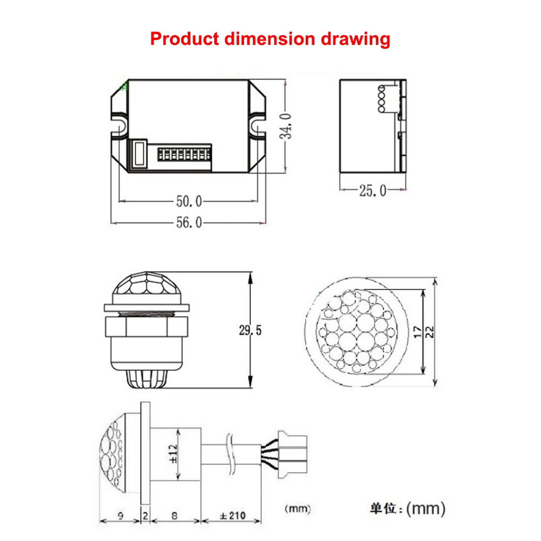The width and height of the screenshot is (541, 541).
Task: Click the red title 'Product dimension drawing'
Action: pyautogui.click(x=270, y=39)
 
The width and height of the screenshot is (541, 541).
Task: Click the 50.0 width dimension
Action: pyautogui.click(x=188, y=201)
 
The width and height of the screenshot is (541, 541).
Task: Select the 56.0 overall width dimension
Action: pyautogui.click(x=188, y=222)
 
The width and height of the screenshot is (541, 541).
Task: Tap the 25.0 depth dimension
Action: pyautogui.click(x=372, y=190)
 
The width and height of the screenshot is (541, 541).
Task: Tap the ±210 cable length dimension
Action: pyautogui.click(x=231, y=516)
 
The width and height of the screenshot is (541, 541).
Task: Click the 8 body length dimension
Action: pyautogui.click(x=174, y=516)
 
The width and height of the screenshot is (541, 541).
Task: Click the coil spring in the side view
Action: pyautogui.click(x=382, y=99)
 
